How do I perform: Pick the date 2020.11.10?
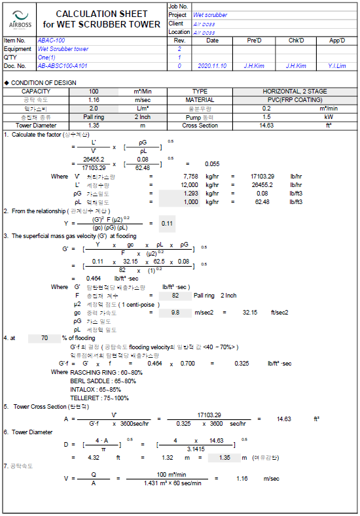point(213,66)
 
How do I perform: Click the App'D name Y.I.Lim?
point(337,66)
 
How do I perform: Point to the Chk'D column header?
point(297,41)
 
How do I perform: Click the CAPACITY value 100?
point(94,92)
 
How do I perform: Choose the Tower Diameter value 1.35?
point(94,125)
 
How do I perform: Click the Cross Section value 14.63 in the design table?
point(266,125)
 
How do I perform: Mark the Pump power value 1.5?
point(266,116)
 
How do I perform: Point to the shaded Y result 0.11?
point(166,224)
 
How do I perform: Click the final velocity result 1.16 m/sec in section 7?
point(243,479)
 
